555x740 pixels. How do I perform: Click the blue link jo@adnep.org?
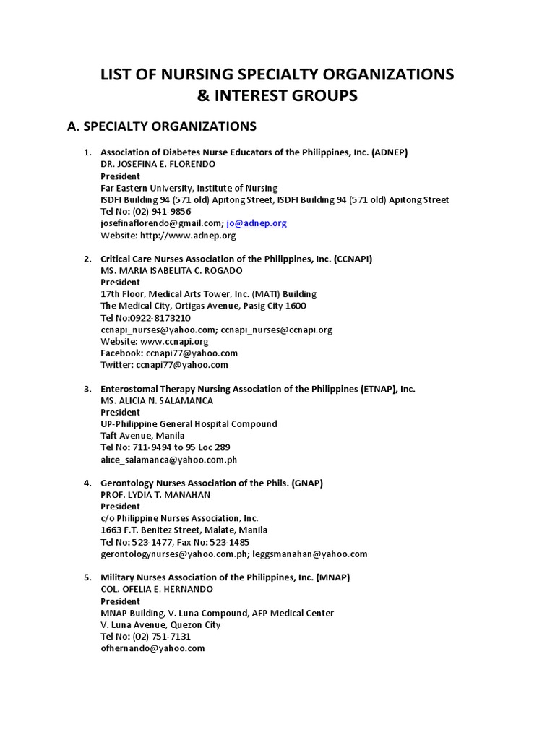(x=257, y=223)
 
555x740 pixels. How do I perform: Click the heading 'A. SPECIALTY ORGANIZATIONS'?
(x=161, y=126)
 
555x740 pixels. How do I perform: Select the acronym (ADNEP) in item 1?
(x=390, y=152)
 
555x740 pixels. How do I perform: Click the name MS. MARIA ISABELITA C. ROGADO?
(x=171, y=270)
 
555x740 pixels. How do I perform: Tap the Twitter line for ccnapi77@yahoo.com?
(x=164, y=365)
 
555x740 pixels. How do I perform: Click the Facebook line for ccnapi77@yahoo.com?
(x=169, y=353)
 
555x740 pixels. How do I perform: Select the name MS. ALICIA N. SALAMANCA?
(x=157, y=400)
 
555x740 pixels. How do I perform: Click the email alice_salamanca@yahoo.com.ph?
(x=168, y=459)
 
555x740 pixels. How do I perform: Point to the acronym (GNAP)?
(x=307, y=483)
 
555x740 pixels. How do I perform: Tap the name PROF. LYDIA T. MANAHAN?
(x=155, y=494)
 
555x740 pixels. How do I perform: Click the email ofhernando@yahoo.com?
(x=152, y=648)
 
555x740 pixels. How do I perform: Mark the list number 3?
(x=87, y=389)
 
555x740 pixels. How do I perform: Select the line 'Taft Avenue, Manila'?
(x=142, y=436)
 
